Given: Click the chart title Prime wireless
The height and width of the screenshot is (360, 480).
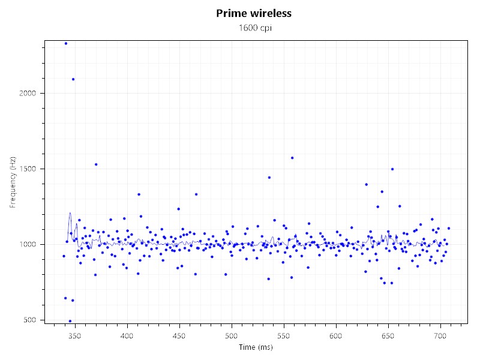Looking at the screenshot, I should tap(254, 13).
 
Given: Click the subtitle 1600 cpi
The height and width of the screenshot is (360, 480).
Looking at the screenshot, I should tap(254, 28).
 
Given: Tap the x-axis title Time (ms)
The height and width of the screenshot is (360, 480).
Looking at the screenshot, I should tap(254, 347).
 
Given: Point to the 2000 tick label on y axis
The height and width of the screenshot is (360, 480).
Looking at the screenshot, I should tap(30, 93).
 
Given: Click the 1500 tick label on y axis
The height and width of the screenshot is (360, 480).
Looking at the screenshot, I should tap(30, 169).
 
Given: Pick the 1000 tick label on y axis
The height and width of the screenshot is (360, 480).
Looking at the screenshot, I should tap(30, 244).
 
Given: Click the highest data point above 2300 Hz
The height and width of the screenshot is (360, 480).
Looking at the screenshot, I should tap(65, 43).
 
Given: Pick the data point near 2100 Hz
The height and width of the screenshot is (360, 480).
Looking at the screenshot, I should tap(73, 79).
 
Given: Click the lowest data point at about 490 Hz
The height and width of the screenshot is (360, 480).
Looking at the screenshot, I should tap(70, 321).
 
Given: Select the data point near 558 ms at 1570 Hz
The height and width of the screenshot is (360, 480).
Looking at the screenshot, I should tap(292, 158).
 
